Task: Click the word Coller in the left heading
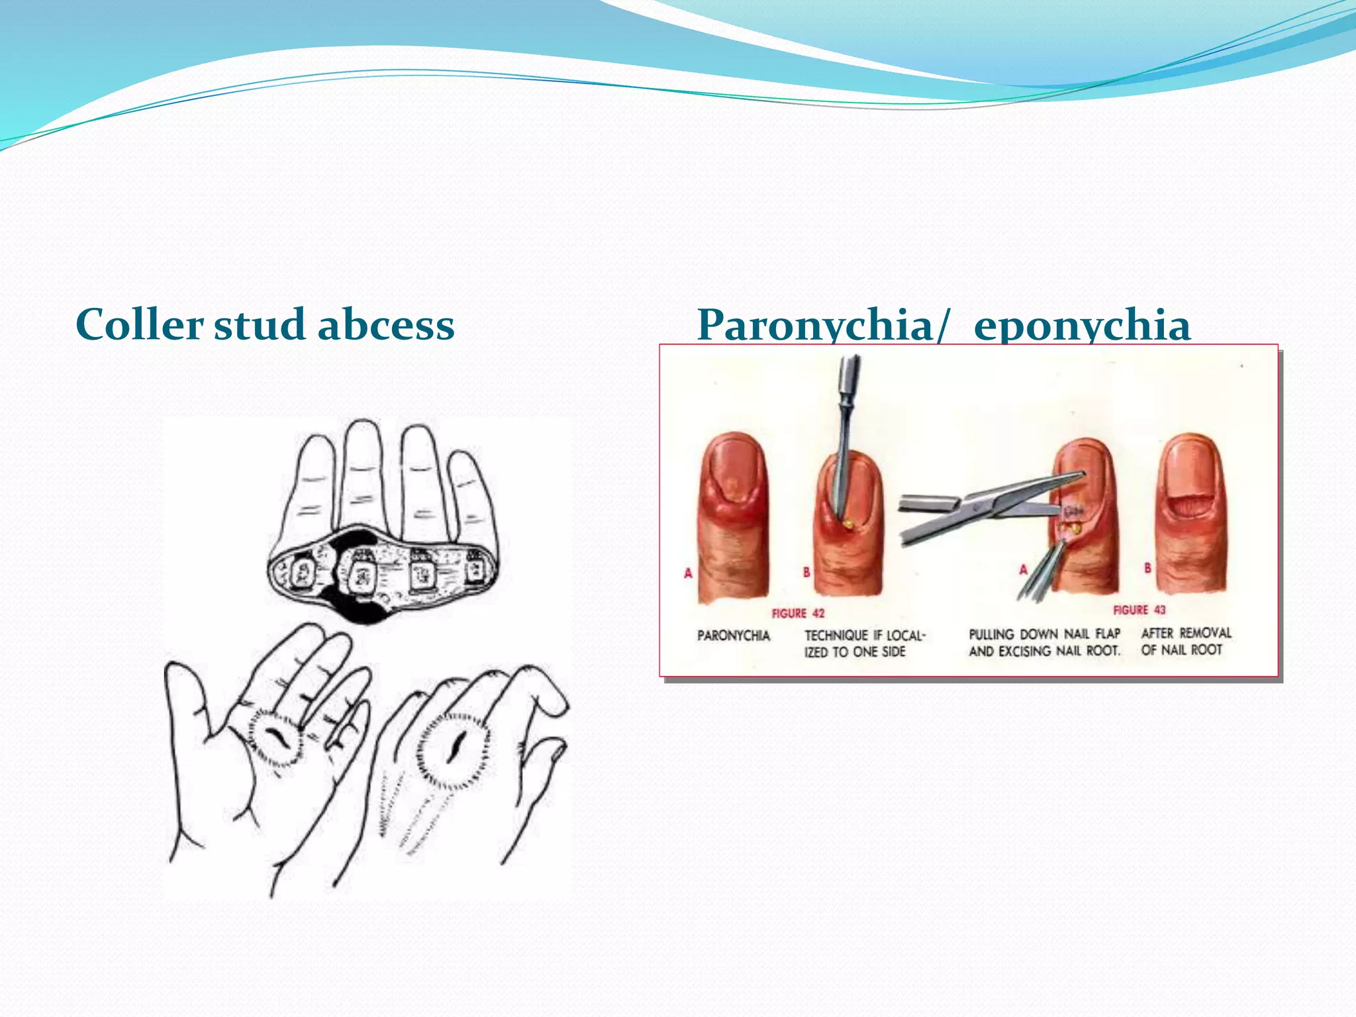(x=139, y=324)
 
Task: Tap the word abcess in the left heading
(x=386, y=324)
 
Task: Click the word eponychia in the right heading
(x=1082, y=326)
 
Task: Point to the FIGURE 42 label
(x=798, y=613)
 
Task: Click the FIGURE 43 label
(x=1139, y=609)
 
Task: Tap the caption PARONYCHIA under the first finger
(x=734, y=636)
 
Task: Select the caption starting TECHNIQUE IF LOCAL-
(x=864, y=644)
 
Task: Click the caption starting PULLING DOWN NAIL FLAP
(x=1045, y=642)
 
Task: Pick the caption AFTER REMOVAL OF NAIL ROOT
(x=1186, y=641)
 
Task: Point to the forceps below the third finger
(x=1043, y=569)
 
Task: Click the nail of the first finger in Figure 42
(x=735, y=473)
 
